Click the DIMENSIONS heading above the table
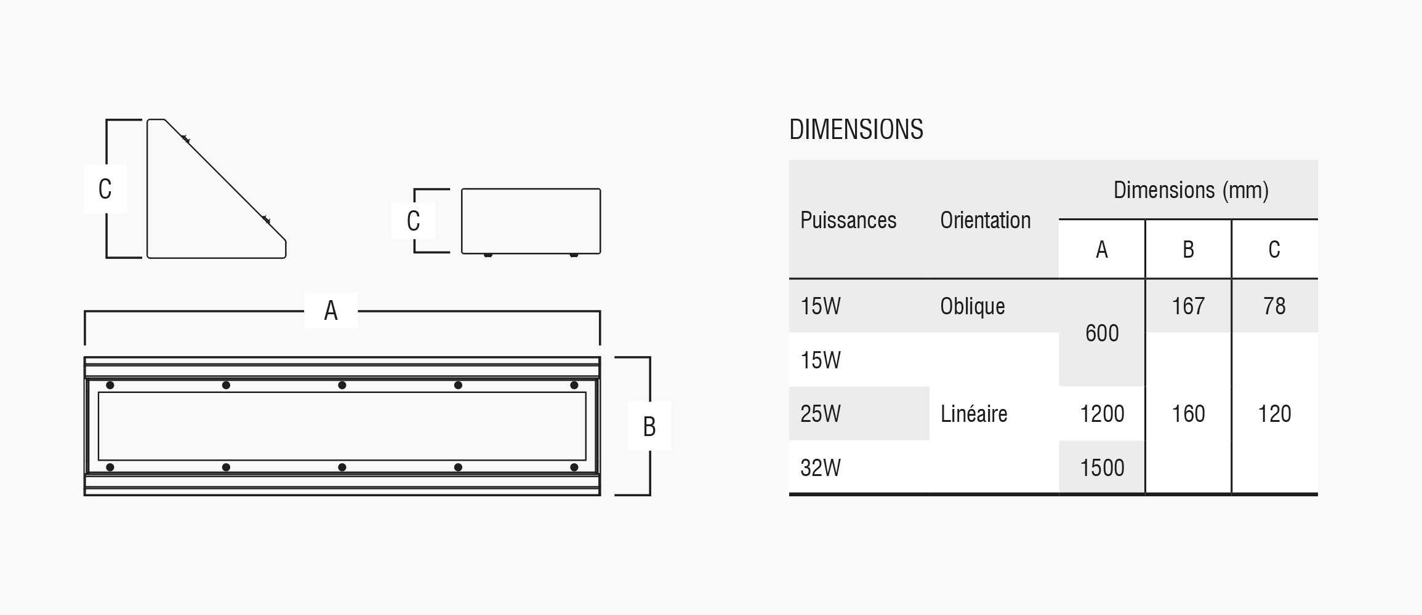point(856,130)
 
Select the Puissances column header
point(848,220)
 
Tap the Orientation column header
point(985,220)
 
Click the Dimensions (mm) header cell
point(1191,190)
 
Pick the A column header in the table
point(1102,249)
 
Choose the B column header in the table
point(1188,249)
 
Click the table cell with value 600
point(1102,333)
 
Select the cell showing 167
point(1188,306)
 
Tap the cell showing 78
point(1274,306)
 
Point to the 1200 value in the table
point(1102,414)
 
